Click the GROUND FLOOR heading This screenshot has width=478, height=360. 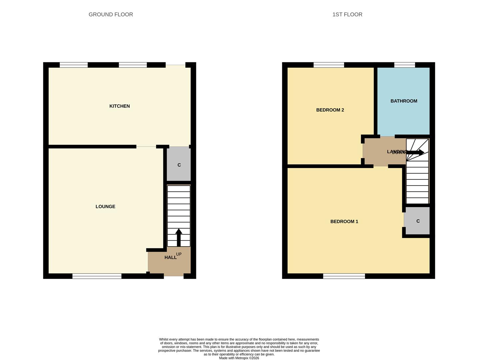111,15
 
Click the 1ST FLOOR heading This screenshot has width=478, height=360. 347,15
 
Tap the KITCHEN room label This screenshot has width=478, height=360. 120,106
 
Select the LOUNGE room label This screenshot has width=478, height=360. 105,207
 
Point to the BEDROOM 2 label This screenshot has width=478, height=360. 330,110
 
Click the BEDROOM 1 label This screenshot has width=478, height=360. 344,222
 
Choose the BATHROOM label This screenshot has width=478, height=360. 404,101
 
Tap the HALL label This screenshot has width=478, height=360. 170,257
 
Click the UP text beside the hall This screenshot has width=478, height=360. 179,254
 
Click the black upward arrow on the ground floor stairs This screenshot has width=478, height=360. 179,237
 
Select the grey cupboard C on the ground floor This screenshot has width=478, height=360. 179,165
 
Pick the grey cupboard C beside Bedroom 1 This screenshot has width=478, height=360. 417,221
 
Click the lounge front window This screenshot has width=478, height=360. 97,276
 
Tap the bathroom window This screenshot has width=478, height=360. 405,65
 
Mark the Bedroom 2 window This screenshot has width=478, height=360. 329,65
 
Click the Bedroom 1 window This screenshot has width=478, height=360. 344,276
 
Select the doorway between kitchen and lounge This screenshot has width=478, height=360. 146,147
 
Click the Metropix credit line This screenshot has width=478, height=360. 239,358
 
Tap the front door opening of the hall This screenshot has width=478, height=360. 174,276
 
